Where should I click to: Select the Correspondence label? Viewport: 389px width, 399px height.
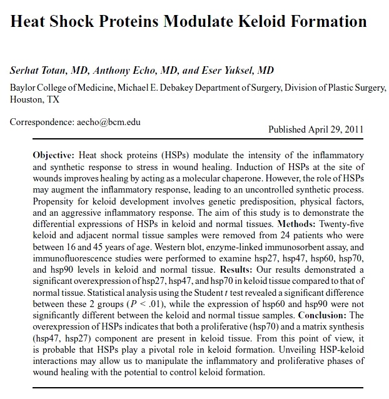(41, 122)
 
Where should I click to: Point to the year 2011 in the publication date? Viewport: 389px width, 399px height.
(351, 129)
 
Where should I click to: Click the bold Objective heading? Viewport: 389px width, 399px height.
(54, 154)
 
